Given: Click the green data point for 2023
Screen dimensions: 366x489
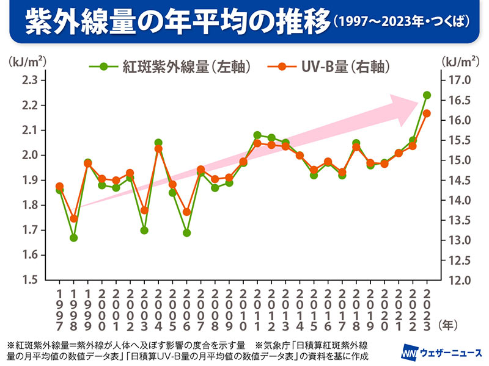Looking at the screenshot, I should pyautogui.click(x=427, y=95).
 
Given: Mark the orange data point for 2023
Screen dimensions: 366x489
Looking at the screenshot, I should pyautogui.click(x=427, y=113).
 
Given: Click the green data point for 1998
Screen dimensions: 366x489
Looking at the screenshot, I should pyautogui.click(x=73, y=237).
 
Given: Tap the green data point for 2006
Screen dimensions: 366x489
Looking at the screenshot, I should pyautogui.click(x=186, y=232).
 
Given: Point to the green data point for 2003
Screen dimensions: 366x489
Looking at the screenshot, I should pyautogui.click(x=144, y=230).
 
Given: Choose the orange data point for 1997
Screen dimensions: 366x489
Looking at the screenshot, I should pyautogui.click(x=59, y=186).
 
